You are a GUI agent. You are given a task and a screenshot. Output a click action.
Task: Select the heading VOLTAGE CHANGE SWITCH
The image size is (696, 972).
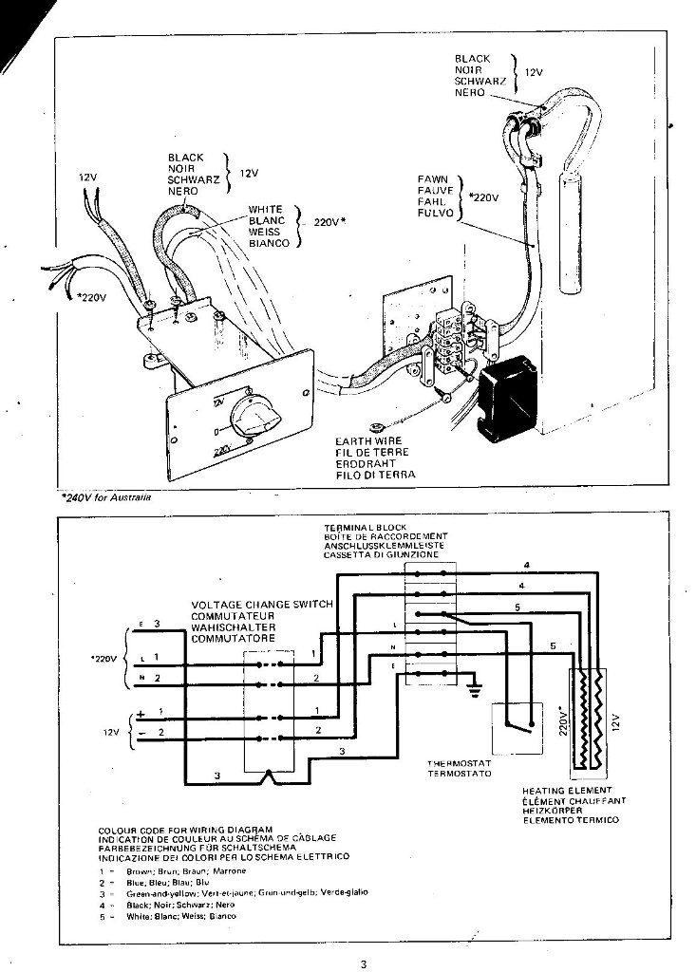click(x=262, y=604)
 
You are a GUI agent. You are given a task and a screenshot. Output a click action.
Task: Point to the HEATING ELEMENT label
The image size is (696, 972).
click(x=566, y=789)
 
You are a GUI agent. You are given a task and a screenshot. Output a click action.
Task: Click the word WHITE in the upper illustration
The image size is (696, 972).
click(x=266, y=209)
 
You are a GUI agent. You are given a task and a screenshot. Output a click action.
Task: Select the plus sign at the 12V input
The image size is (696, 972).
click(x=140, y=710)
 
